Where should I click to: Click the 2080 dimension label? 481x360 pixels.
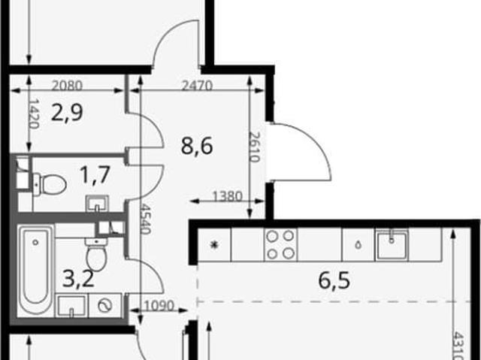click(x=67, y=86)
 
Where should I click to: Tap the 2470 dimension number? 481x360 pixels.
click(x=197, y=86)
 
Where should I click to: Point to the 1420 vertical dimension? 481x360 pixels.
click(x=34, y=113)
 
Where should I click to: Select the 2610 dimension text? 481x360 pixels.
click(x=255, y=147)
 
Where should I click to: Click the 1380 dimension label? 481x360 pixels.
click(x=227, y=196)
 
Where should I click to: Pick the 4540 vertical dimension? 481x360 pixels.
click(x=145, y=219)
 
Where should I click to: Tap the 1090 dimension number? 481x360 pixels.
click(x=159, y=306)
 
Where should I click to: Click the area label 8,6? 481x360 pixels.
click(x=197, y=146)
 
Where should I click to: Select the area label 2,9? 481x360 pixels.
click(x=67, y=112)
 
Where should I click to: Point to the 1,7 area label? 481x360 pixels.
click(x=95, y=174)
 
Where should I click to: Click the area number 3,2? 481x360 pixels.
click(x=78, y=279)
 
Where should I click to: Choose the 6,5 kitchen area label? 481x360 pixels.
click(x=334, y=280)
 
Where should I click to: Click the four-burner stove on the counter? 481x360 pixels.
click(x=280, y=245)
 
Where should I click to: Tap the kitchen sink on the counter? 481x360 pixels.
click(x=392, y=245)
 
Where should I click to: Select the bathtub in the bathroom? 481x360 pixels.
click(x=35, y=270)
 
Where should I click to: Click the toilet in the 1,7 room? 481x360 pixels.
click(x=50, y=185)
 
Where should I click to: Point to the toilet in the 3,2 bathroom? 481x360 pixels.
click(x=97, y=254)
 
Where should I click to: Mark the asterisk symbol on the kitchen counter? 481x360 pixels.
click(x=214, y=245)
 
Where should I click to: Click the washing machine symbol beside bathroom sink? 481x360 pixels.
click(x=105, y=305)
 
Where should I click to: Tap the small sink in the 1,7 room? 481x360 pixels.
click(x=97, y=204)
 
